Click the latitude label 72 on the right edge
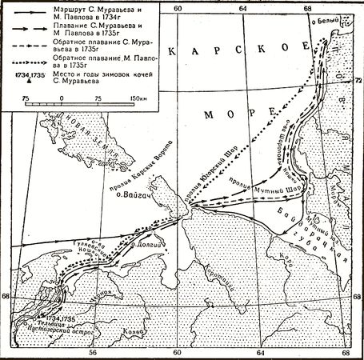(x=358, y=79)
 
